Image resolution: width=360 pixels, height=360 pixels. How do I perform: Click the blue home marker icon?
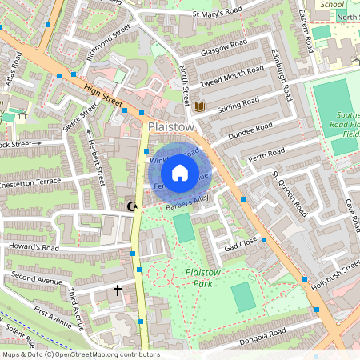[180, 173]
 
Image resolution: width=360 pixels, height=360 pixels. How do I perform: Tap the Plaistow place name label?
[171, 127]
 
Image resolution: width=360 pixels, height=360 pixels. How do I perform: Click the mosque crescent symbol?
[132, 206]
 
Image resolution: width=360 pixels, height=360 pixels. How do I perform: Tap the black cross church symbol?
[118, 290]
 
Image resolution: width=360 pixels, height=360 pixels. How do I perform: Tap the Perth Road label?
[266, 153]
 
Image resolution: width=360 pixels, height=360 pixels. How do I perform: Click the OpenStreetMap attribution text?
[80, 354]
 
